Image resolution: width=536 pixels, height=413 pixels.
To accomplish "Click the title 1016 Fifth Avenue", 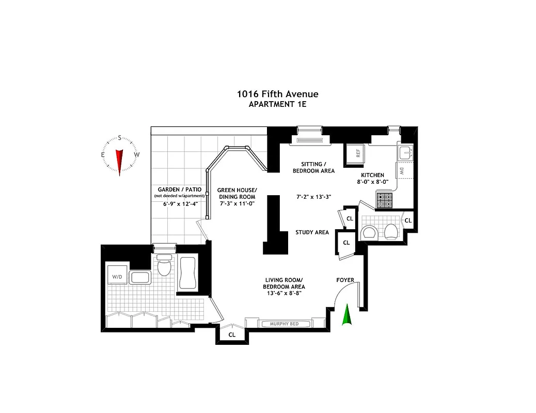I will point(277,94).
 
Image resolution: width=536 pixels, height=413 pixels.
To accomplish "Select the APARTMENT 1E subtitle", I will point(277,104).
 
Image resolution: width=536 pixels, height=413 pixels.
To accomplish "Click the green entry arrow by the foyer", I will point(347,315).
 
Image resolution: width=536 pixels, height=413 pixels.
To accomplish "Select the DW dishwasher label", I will point(401,171).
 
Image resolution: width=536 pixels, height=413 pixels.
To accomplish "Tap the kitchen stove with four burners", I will point(384,200).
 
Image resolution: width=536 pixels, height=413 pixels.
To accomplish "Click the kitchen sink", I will point(404,152).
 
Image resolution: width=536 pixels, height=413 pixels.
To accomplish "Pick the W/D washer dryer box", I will point(117,277).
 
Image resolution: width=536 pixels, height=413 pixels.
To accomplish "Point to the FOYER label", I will point(345,280).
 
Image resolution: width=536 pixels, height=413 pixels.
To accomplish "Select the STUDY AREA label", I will point(312,232).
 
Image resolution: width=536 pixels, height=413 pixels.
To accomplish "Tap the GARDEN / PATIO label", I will point(176,189).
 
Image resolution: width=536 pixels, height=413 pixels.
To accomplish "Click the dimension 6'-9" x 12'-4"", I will point(176,203).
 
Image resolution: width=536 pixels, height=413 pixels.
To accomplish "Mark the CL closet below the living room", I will point(232,335).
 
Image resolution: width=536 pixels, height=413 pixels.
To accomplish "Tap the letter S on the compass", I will point(120,138).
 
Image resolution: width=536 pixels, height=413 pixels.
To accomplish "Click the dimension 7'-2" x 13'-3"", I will point(313,197).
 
